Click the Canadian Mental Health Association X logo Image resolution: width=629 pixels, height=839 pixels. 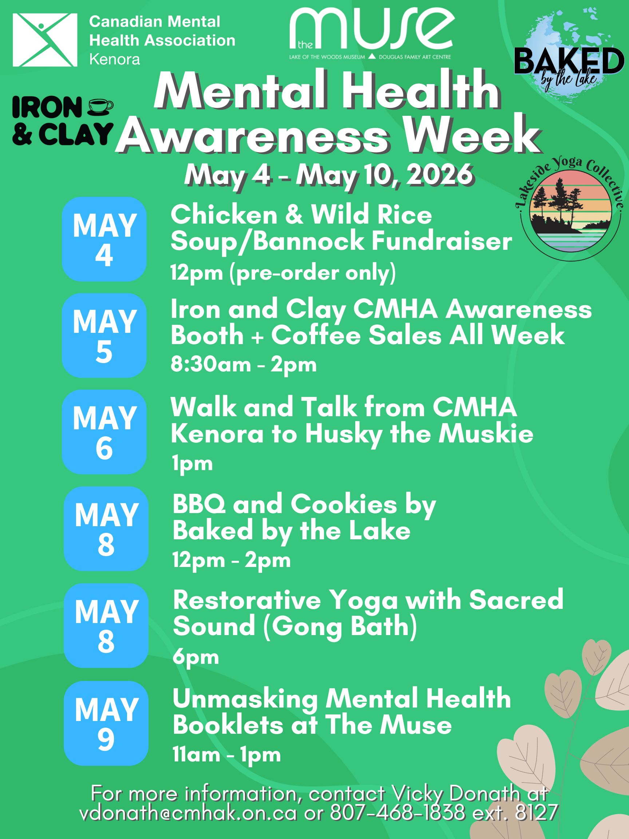(45, 40)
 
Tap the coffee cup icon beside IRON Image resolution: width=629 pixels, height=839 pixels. (100, 107)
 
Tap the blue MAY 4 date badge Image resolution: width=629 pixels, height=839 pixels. (104, 239)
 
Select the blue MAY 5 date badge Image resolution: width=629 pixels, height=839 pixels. (104, 335)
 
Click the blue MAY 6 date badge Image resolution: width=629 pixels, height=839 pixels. (104, 432)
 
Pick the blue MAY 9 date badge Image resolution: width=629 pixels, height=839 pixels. (106, 723)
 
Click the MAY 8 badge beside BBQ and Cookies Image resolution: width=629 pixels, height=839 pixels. (106, 529)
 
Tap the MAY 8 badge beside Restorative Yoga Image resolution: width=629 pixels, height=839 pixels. (106, 626)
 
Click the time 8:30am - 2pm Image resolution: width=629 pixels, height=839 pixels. (244, 365)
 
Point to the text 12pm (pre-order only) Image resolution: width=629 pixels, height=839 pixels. (283, 273)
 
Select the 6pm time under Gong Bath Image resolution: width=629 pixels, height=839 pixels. (195, 657)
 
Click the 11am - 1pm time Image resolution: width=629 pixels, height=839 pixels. (227, 755)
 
